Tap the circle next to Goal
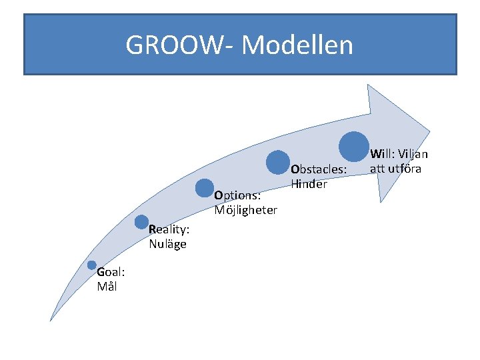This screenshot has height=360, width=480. tap(92, 265)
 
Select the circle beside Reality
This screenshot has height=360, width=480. tap(141, 222)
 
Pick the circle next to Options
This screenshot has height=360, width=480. tap(205, 189)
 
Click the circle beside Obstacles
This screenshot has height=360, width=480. tap(277, 162)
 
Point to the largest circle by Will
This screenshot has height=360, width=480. tap(353, 146)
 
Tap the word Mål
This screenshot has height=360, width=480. tap(106, 287)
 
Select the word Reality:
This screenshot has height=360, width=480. tap(169, 230)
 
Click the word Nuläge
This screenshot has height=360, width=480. tap(167, 244)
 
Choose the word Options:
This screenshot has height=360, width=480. tap(237, 196)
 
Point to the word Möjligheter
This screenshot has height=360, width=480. tap(246, 210)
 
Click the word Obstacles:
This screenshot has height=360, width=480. tap(319, 170)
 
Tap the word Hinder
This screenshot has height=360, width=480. tap(309, 184)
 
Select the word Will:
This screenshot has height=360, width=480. tap(381, 155)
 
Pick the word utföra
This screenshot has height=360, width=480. tap(404, 169)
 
